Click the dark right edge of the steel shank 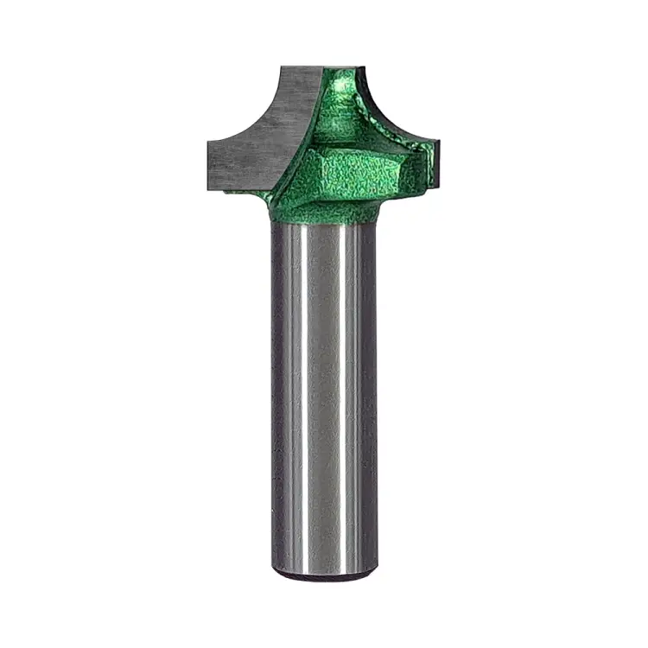[x=372, y=389]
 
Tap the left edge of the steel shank [x=275, y=389]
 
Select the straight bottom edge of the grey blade [x=242, y=186]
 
